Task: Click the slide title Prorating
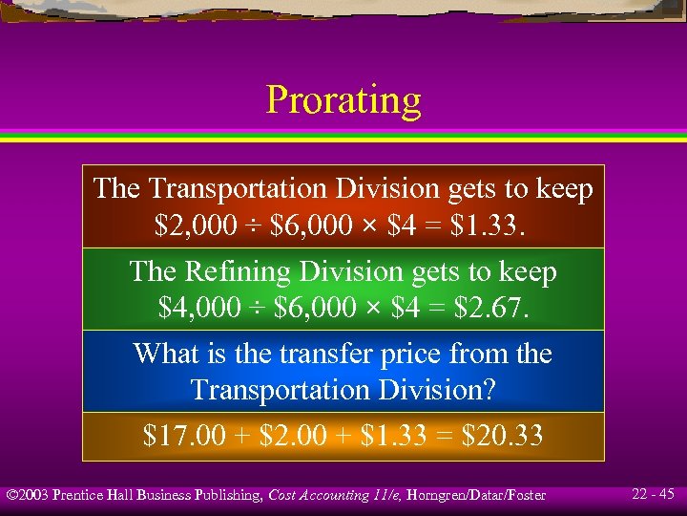[343, 99]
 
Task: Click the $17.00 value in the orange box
[181, 437]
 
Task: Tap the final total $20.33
[502, 437]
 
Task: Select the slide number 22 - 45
[653, 494]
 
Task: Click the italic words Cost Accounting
[318, 495]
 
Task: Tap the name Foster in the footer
[526, 495]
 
